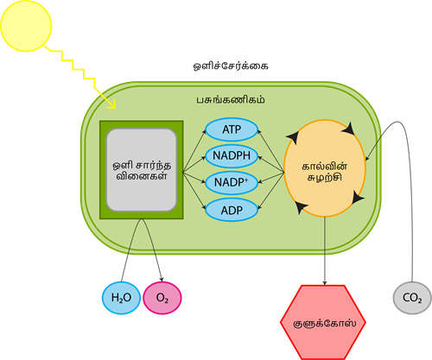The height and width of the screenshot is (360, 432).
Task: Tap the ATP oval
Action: [x=232, y=129]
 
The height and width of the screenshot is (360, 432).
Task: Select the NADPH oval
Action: [x=232, y=156]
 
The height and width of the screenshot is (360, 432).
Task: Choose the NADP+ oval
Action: [x=232, y=183]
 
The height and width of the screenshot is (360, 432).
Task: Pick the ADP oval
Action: [x=232, y=210]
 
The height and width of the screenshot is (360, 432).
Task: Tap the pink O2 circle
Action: [x=162, y=298]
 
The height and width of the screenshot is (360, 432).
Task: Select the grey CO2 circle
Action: [x=412, y=299]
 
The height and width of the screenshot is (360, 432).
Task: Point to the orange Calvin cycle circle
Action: [x=325, y=168]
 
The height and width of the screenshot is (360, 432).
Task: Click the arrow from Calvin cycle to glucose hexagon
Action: [x=325, y=250]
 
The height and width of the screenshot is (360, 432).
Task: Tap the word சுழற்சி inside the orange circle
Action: [x=325, y=177]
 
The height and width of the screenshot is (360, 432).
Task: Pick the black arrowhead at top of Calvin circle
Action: [x=350, y=128]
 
